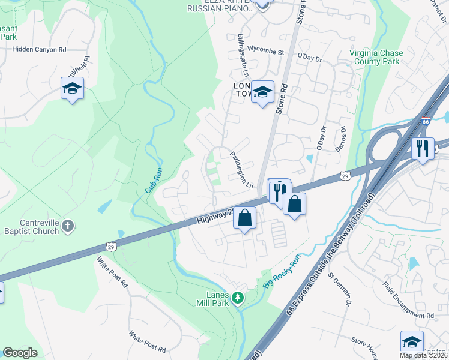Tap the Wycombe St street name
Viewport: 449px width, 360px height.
266,52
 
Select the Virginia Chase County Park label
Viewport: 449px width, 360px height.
376,57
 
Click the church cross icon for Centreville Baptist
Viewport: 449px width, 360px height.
68,226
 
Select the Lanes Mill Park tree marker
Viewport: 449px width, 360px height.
238,297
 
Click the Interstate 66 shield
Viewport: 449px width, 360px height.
426,121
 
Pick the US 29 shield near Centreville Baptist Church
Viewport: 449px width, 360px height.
110,246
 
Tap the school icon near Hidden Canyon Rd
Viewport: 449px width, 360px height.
72,89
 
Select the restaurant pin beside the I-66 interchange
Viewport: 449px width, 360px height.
423,148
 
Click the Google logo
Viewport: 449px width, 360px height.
20,353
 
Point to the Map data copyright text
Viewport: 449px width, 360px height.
423,355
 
